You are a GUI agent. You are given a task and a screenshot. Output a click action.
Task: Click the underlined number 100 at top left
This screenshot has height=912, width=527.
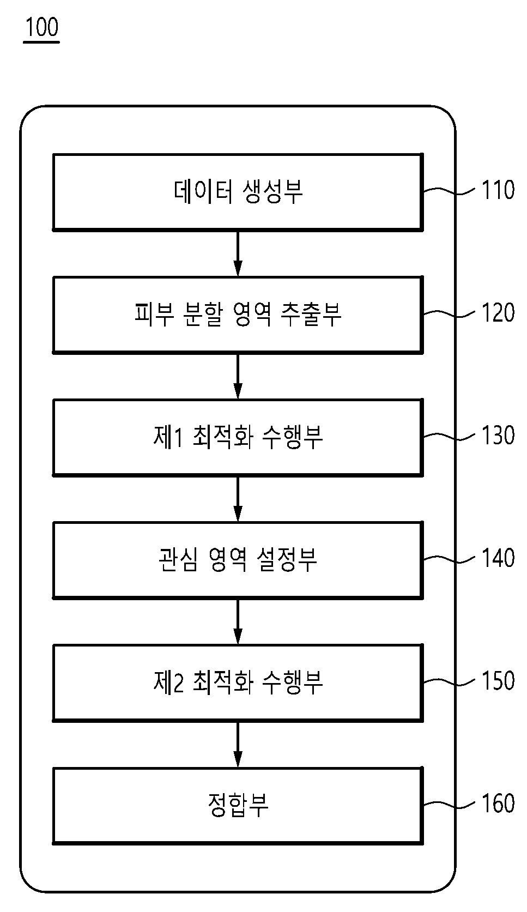click(42, 27)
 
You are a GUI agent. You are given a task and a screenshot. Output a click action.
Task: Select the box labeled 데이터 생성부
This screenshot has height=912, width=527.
click(238, 192)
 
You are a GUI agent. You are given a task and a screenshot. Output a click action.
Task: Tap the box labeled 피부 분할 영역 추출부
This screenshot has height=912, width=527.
click(238, 315)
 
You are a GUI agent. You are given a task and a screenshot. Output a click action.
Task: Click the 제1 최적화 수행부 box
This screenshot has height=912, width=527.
click(238, 437)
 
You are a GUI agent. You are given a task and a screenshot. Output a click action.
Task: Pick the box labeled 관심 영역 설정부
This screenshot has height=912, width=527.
click(238, 560)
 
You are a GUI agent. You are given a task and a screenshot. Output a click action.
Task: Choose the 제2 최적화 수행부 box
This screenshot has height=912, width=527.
click(238, 683)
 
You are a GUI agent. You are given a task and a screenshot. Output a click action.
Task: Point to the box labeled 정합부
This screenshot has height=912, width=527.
click(238, 806)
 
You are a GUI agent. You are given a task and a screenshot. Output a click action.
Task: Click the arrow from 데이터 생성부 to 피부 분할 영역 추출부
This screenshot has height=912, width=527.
click(238, 253)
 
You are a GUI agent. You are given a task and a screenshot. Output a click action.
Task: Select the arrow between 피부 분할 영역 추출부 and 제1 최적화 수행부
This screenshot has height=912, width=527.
click(238, 376)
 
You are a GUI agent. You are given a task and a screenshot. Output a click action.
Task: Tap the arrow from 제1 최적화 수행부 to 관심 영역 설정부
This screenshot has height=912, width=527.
click(238, 499)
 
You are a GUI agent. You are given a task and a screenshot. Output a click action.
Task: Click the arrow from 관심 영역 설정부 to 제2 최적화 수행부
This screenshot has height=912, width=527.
click(238, 622)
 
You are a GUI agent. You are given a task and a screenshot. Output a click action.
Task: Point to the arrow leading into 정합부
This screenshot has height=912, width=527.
click(238, 745)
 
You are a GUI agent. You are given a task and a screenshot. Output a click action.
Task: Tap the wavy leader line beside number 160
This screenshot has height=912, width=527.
click(449, 805)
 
